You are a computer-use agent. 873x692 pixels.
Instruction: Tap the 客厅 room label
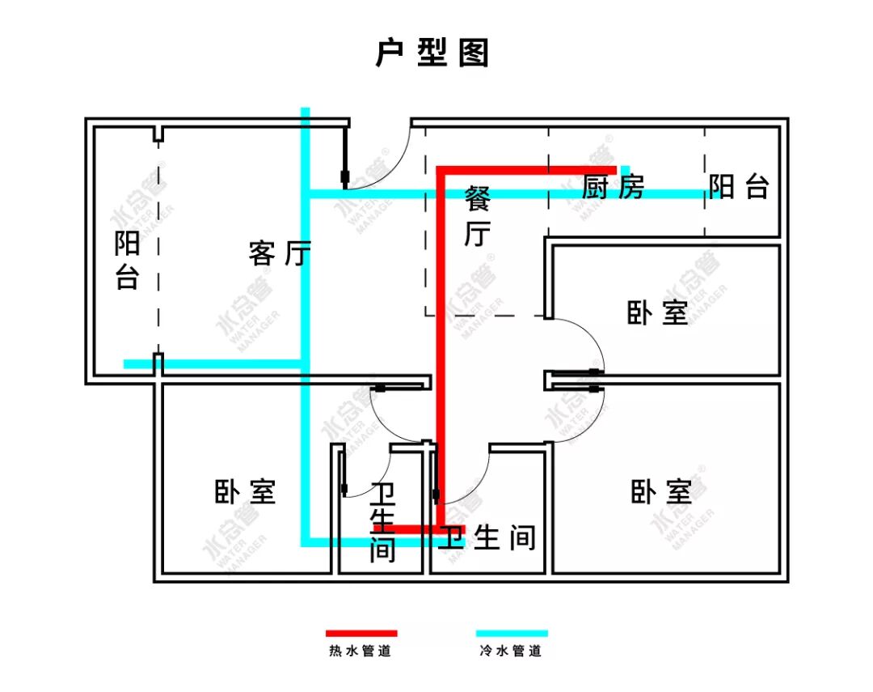pos(279,254)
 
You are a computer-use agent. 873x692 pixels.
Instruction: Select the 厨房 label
pos(614,189)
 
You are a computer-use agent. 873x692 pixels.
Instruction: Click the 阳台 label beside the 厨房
pos(739,188)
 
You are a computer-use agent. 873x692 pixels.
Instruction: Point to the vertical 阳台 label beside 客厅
pos(127,261)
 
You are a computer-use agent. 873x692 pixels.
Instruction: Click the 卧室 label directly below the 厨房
pos(657,313)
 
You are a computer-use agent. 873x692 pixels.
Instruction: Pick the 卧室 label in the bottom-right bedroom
pos(661,491)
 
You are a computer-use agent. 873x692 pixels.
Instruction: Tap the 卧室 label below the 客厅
pos(245,491)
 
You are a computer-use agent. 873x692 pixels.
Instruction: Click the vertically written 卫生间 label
pos(382,523)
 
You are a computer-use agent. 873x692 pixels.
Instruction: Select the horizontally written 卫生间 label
pos(487,537)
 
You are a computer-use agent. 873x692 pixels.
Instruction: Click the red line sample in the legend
pos(361,633)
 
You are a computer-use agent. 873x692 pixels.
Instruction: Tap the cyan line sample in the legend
pos(512,633)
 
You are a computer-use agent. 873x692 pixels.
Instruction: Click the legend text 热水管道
pos(361,651)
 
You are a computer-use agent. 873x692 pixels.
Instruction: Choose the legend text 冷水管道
pos(510,651)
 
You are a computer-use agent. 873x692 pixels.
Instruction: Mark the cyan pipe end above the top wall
pos(305,110)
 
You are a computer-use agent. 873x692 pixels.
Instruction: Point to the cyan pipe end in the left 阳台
pos(127,364)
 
